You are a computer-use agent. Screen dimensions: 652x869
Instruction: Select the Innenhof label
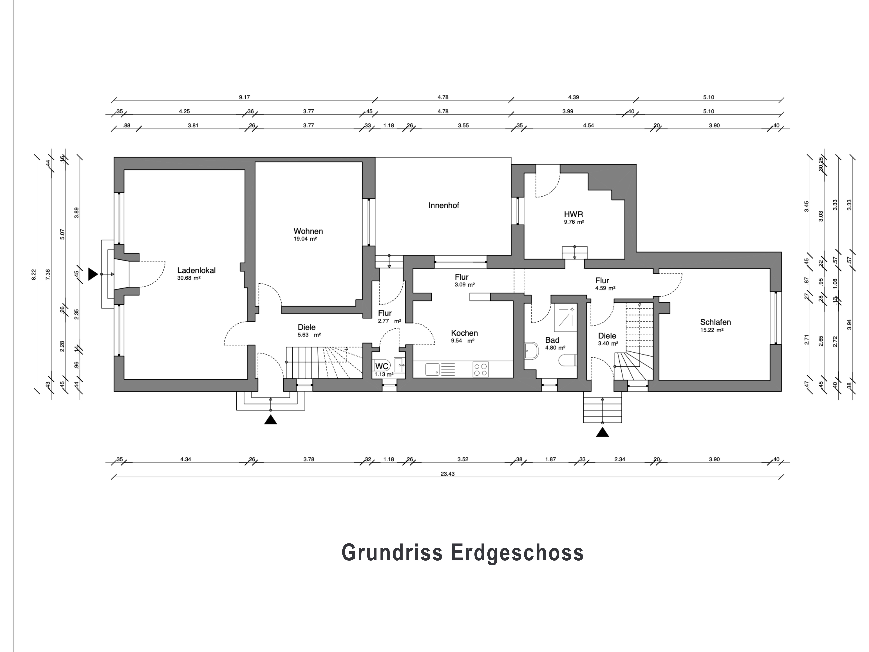[x=443, y=205]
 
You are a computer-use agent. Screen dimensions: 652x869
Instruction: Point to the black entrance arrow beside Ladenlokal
[x=92, y=274]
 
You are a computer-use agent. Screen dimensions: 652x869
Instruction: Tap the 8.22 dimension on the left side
[x=34, y=274]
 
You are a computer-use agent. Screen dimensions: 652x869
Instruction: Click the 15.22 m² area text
[x=712, y=330]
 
